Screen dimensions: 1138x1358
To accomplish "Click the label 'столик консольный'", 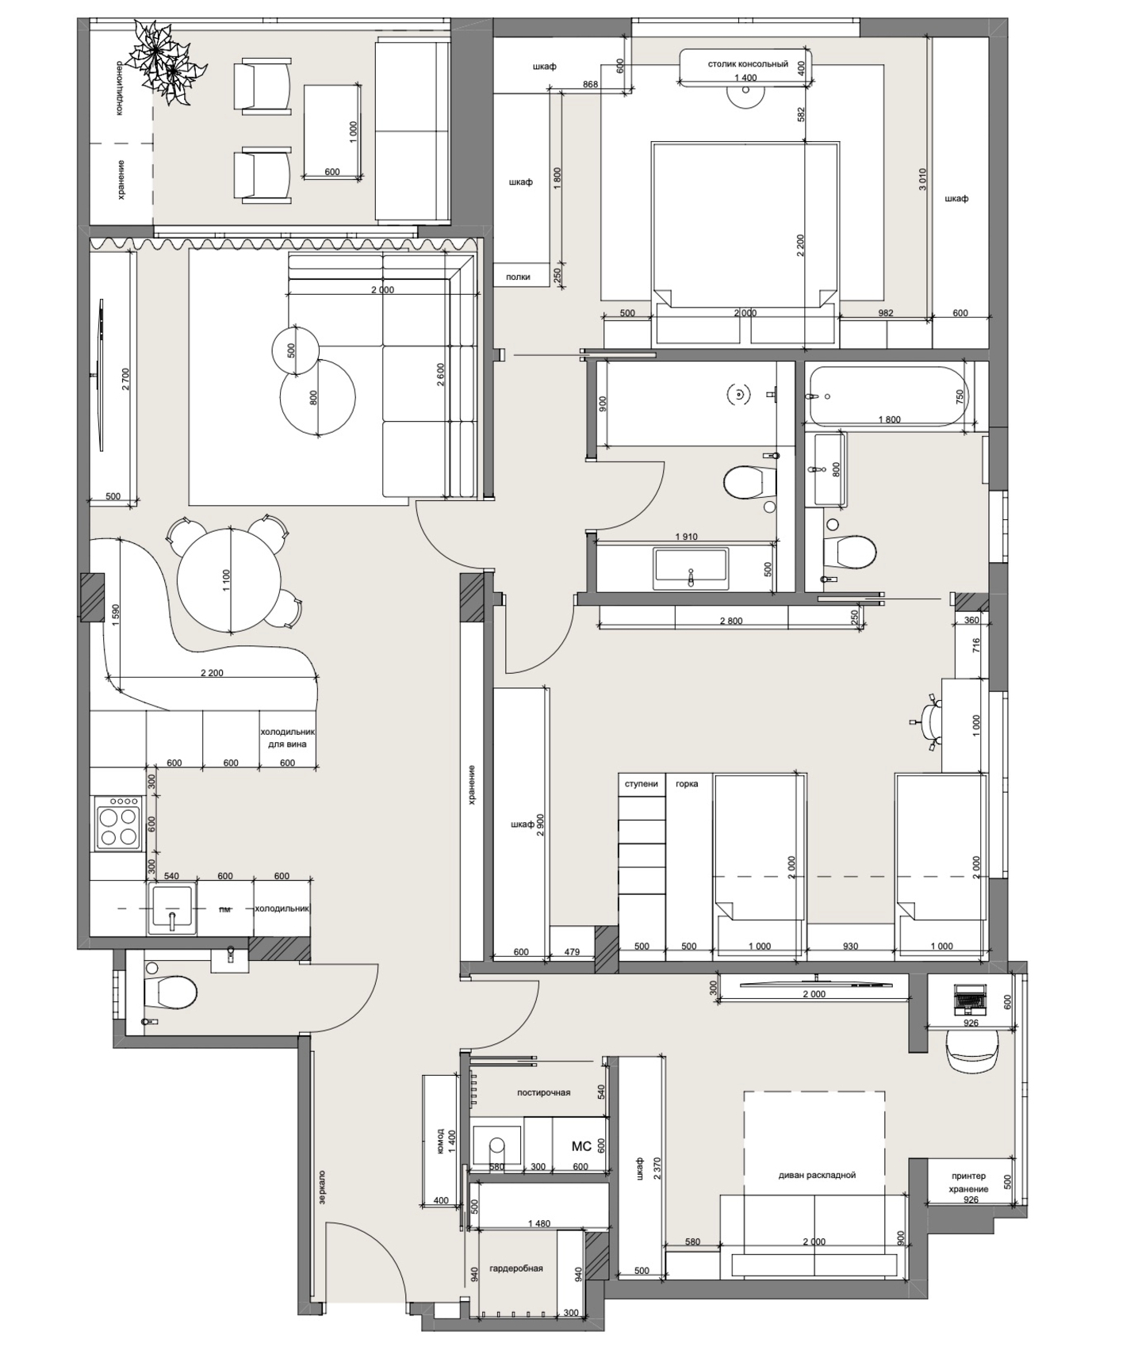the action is coord(747,64).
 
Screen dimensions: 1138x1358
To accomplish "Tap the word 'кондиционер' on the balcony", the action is coord(119,89).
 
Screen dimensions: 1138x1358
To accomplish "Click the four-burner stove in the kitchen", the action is coord(117,824).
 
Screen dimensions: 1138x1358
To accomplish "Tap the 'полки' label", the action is coord(518,277).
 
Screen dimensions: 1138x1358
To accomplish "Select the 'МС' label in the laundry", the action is coord(581,1146).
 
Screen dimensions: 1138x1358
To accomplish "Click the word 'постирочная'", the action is coord(543,1092).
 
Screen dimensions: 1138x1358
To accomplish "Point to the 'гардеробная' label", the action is coord(516,1268).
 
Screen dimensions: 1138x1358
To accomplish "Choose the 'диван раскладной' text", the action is coord(817,1175).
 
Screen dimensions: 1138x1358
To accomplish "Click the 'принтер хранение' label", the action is coord(968,1182).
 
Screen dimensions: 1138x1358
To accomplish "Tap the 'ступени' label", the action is coord(642,784).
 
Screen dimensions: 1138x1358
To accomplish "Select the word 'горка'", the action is coord(687,784).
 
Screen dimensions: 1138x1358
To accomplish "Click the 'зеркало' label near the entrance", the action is coord(322,1188).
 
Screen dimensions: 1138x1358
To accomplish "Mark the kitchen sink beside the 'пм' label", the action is coord(171,909).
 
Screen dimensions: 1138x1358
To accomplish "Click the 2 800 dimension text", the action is coord(731,621).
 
